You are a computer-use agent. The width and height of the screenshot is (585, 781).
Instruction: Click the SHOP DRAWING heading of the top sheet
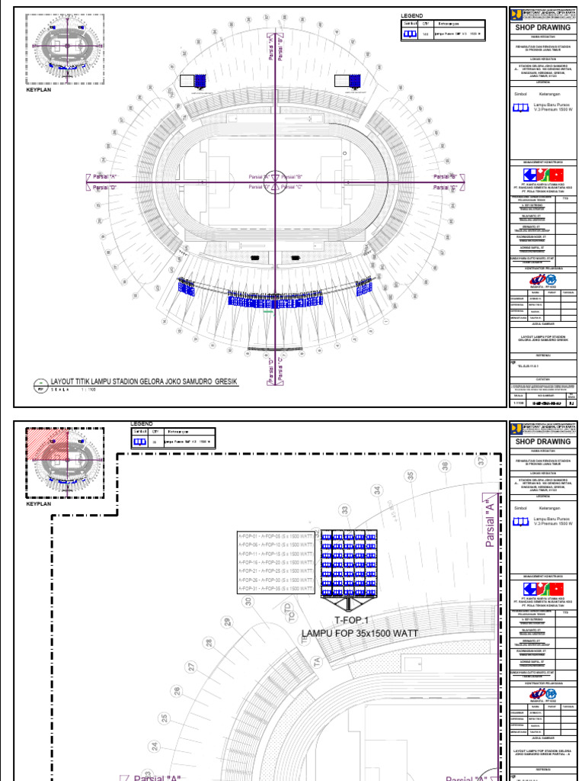click(x=544, y=27)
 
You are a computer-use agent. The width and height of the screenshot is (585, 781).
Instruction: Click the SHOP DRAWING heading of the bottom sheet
click(x=544, y=442)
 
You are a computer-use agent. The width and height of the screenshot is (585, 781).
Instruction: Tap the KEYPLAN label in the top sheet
click(x=39, y=89)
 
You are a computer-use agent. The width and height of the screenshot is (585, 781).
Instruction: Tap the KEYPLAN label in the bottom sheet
click(x=39, y=503)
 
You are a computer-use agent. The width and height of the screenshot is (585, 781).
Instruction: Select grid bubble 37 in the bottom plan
click(x=481, y=461)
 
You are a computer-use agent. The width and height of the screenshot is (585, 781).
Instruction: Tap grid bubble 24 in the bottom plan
click(x=155, y=747)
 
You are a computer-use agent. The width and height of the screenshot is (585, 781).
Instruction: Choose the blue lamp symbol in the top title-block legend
click(x=521, y=108)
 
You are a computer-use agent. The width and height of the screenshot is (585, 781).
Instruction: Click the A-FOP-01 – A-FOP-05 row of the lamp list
click(x=276, y=537)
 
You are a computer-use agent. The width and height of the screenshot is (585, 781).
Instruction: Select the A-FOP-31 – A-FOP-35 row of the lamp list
click(x=276, y=589)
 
